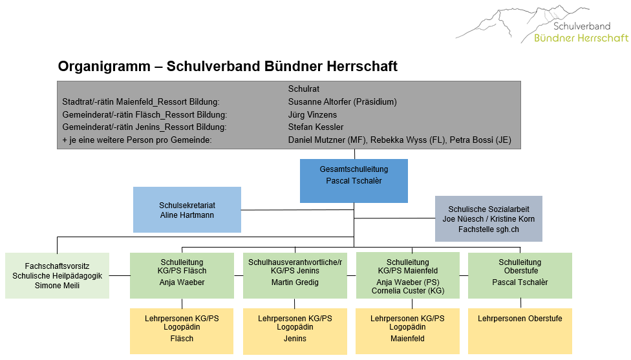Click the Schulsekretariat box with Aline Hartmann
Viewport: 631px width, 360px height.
187,210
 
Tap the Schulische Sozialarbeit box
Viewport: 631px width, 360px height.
488,219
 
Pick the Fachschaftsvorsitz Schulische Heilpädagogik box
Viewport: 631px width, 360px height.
57,275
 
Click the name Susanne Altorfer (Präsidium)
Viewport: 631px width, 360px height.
342,101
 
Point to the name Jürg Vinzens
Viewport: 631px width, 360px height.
313,114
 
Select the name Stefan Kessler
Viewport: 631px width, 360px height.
315,127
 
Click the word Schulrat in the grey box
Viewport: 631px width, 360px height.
304,89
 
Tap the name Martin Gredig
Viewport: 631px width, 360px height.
295,282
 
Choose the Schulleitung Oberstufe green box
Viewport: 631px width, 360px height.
520,275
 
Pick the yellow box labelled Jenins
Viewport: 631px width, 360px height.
295,330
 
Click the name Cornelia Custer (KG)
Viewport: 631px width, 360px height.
407,291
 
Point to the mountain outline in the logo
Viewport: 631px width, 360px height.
511,23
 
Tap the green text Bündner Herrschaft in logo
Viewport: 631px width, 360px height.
581,38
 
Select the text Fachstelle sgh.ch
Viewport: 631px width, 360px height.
488,229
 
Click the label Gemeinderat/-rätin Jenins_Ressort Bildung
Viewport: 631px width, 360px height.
138,127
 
